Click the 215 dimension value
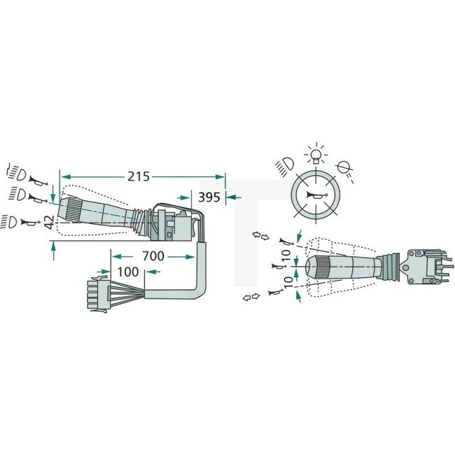(x=138, y=176)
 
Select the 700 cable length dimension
(x=153, y=257)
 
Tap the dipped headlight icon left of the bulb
(x=283, y=166)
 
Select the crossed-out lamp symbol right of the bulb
(x=344, y=167)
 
